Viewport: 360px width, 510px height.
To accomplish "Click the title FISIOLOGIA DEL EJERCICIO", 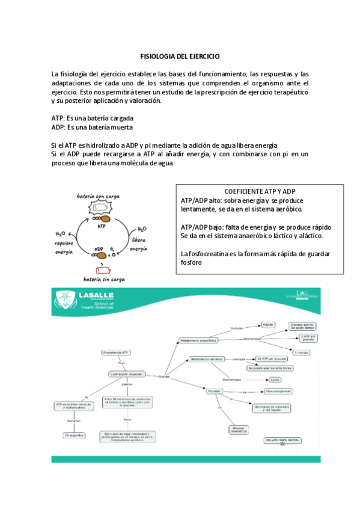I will pyautogui.click(x=180, y=55).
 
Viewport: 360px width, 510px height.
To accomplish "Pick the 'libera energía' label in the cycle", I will pyautogui.click(x=139, y=243).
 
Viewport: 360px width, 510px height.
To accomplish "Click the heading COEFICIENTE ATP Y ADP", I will pyautogui.click(x=258, y=190).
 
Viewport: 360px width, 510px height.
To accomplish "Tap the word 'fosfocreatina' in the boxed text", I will pyautogui.click(x=206, y=253).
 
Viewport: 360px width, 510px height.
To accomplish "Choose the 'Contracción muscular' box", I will pyautogui.click(x=127, y=373).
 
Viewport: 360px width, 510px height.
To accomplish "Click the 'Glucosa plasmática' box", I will pyautogui.click(x=237, y=429).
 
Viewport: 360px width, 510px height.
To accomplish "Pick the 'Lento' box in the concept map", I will pyautogui.click(x=275, y=380).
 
